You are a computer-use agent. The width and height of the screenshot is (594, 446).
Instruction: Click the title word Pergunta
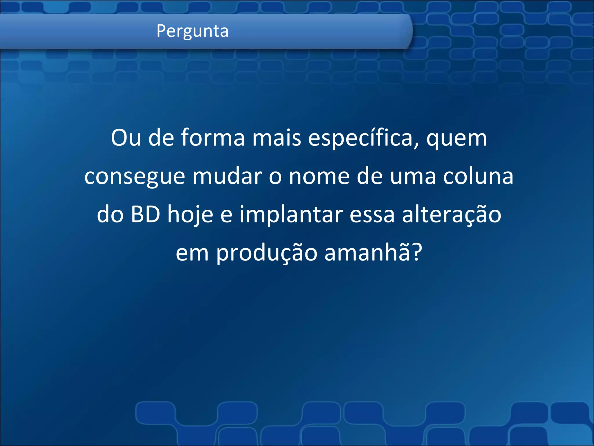click(x=192, y=31)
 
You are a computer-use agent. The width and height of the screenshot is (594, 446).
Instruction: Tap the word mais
click(x=277, y=138)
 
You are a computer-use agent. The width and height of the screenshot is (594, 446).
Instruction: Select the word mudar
click(x=227, y=176)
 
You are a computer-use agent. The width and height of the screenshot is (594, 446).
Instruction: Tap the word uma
click(x=413, y=177)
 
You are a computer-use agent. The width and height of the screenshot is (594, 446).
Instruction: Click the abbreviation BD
click(x=145, y=215)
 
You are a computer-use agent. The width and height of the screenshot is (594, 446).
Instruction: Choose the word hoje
click(x=190, y=215)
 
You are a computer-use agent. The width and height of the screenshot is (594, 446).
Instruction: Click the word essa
click(x=372, y=215)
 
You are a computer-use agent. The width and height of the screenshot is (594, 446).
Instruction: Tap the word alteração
click(x=452, y=215)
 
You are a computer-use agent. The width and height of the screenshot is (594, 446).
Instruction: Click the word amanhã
click(x=367, y=252)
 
